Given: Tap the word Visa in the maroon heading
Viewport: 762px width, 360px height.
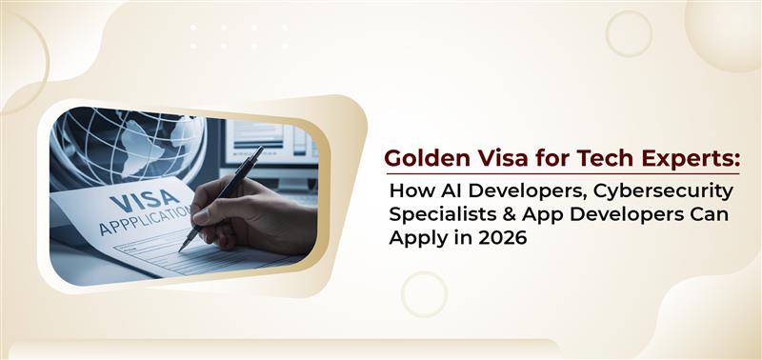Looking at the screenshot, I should click(487, 158).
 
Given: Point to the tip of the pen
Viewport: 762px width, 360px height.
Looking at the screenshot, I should click(181, 250).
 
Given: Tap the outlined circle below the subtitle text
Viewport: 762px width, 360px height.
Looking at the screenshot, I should click(423, 293).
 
